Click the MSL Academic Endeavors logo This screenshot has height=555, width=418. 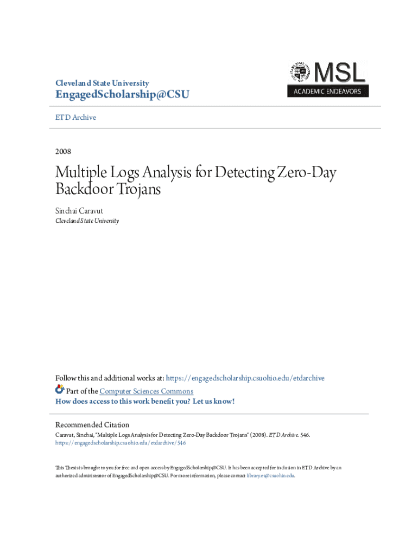click(x=328, y=79)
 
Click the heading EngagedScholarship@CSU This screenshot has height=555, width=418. click(x=122, y=95)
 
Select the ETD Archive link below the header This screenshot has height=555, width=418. click(x=76, y=117)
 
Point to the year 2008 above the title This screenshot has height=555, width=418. click(x=64, y=151)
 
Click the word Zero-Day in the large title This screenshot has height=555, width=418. click(x=306, y=173)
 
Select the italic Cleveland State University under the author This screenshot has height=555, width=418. click(x=87, y=221)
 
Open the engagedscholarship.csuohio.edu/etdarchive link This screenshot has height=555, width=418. click(x=245, y=378)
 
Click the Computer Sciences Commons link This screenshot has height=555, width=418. click(x=146, y=391)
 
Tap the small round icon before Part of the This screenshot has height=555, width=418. click(x=60, y=390)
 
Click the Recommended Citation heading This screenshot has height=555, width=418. click(x=92, y=424)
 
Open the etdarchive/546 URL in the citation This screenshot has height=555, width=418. click(x=121, y=443)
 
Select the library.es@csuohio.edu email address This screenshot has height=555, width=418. click(x=270, y=475)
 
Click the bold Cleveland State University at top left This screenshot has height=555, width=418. click(x=102, y=83)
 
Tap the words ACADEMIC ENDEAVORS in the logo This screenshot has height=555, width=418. click(x=327, y=92)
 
